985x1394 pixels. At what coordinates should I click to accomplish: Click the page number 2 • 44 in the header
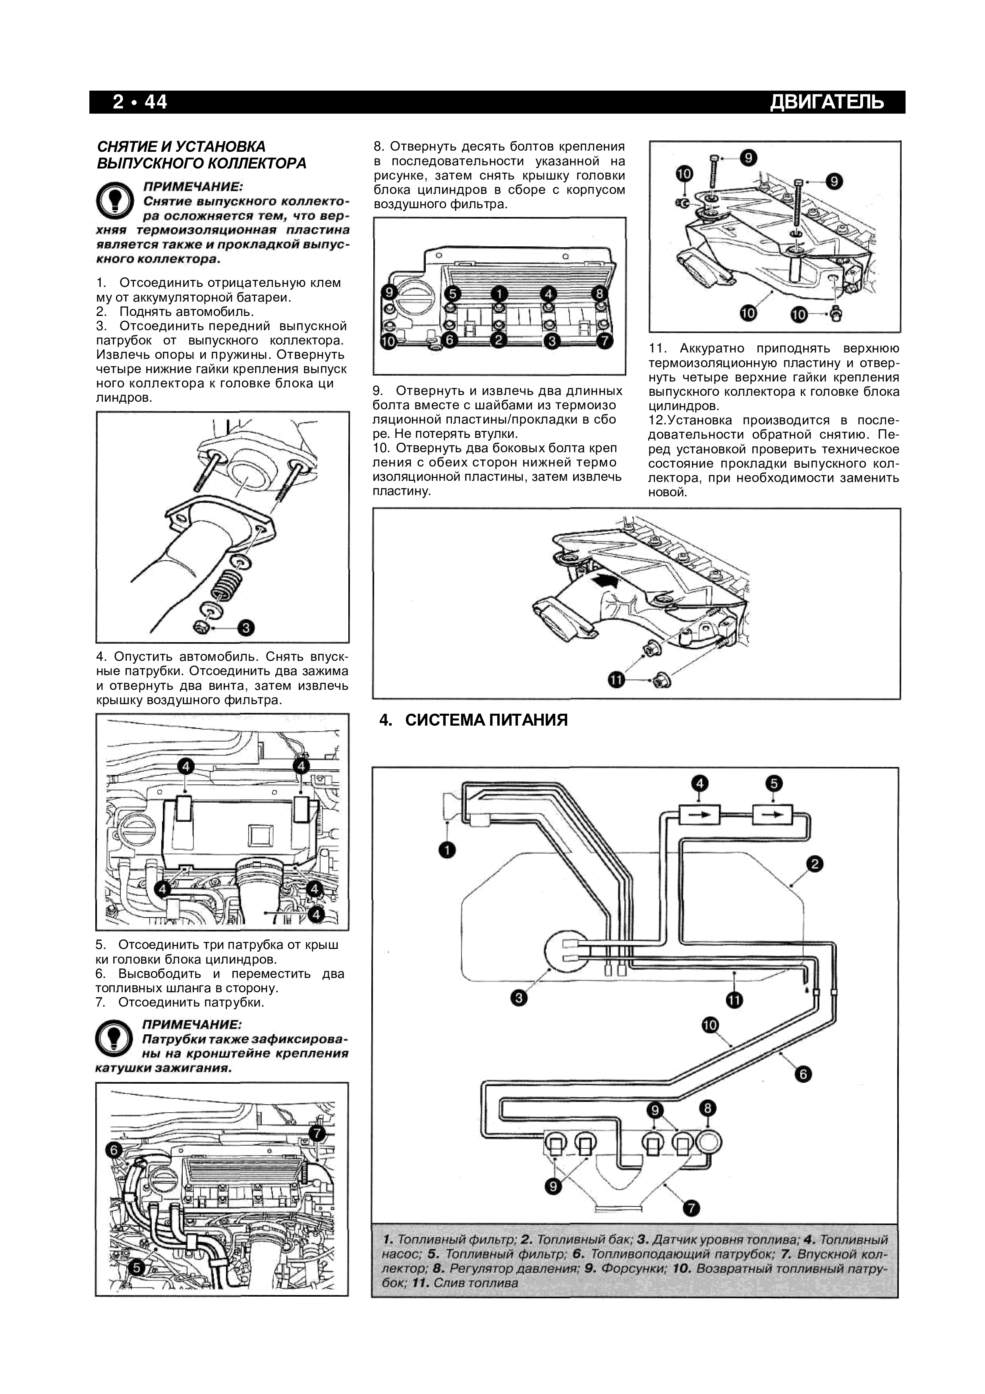(x=139, y=102)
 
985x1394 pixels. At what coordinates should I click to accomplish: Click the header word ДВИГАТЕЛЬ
(x=827, y=102)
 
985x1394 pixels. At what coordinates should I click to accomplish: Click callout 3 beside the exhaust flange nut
(x=246, y=627)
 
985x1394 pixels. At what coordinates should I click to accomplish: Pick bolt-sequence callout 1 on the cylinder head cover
(x=498, y=294)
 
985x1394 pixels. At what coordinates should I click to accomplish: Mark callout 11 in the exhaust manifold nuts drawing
(x=616, y=680)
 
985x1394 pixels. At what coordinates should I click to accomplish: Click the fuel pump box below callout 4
(x=700, y=814)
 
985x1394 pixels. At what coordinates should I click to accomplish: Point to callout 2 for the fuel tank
(x=815, y=864)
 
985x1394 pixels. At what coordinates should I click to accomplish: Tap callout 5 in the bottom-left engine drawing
(x=137, y=1267)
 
